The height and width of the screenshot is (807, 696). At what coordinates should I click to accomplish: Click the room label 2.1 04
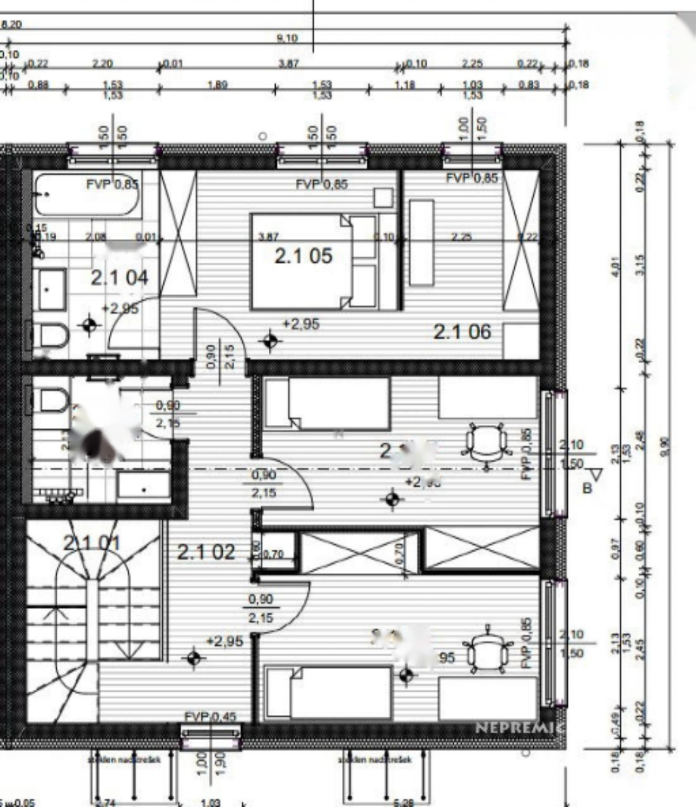tap(119, 277)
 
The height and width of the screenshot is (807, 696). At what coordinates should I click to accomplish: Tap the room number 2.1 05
tap(303, 256)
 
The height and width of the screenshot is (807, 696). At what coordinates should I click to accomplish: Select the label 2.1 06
tap(461, 332)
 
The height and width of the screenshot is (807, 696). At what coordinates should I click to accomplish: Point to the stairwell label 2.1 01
tap(92, 542)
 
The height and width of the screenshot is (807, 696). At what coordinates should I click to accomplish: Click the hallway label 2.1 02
tap(206, 552)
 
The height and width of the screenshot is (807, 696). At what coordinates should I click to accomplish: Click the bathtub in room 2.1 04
tap(86, 195)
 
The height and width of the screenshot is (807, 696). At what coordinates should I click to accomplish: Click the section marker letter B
tap(586, 487)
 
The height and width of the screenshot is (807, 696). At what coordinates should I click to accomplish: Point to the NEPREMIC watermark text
tap(519, 727)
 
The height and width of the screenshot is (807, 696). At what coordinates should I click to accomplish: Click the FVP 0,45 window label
tap(211, 716)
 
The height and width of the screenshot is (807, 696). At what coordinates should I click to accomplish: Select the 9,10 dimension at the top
tap(287, 38)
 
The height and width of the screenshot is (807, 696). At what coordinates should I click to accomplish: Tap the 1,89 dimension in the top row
tap(218, 84)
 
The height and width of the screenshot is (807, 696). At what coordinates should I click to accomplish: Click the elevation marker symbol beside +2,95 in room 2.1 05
tap(271, 341)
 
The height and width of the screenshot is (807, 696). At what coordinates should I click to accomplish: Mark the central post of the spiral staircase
tap(93, 618)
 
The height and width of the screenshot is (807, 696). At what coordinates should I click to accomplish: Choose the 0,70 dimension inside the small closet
tap(273, 555)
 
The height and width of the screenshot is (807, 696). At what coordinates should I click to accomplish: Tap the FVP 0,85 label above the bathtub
tap(112, 185)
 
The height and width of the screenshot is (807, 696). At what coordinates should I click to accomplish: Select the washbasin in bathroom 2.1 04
tap(51, 289)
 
